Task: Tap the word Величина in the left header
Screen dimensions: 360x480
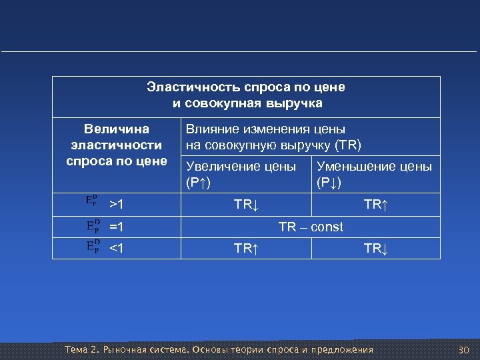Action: [x=117, y=129]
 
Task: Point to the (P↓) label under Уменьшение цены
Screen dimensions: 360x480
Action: [x=329, y=182]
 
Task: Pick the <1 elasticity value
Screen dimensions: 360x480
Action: [x=117, y=249]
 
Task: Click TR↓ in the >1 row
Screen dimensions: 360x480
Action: [x=245, y=205]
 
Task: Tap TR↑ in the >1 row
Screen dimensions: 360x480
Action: [x=375, y=205]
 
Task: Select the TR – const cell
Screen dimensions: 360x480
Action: [x=311, y=227]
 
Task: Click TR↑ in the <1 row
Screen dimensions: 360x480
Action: [x=245, y=249]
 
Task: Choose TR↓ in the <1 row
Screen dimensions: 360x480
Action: [x=375, y=249]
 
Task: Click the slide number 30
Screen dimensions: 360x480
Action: [x=464, y=350]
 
